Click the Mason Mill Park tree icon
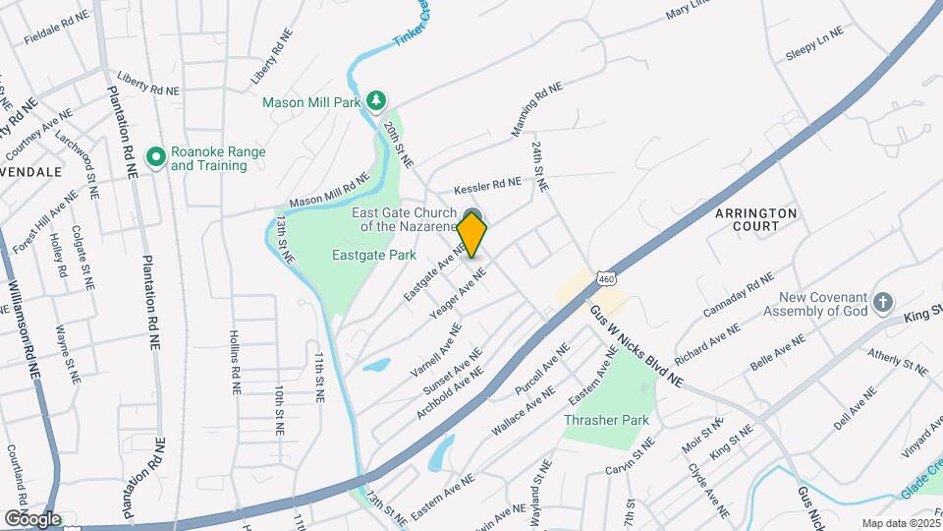coord(375,101)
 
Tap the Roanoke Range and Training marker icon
coord(155,157)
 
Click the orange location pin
coord(472,235)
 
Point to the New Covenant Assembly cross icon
coord(883,302)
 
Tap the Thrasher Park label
coord(607,420)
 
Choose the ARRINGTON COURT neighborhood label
coord(755,219)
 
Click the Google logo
coord(32,518)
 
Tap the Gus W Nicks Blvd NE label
coord(636,344)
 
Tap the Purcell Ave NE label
coord(543,371)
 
